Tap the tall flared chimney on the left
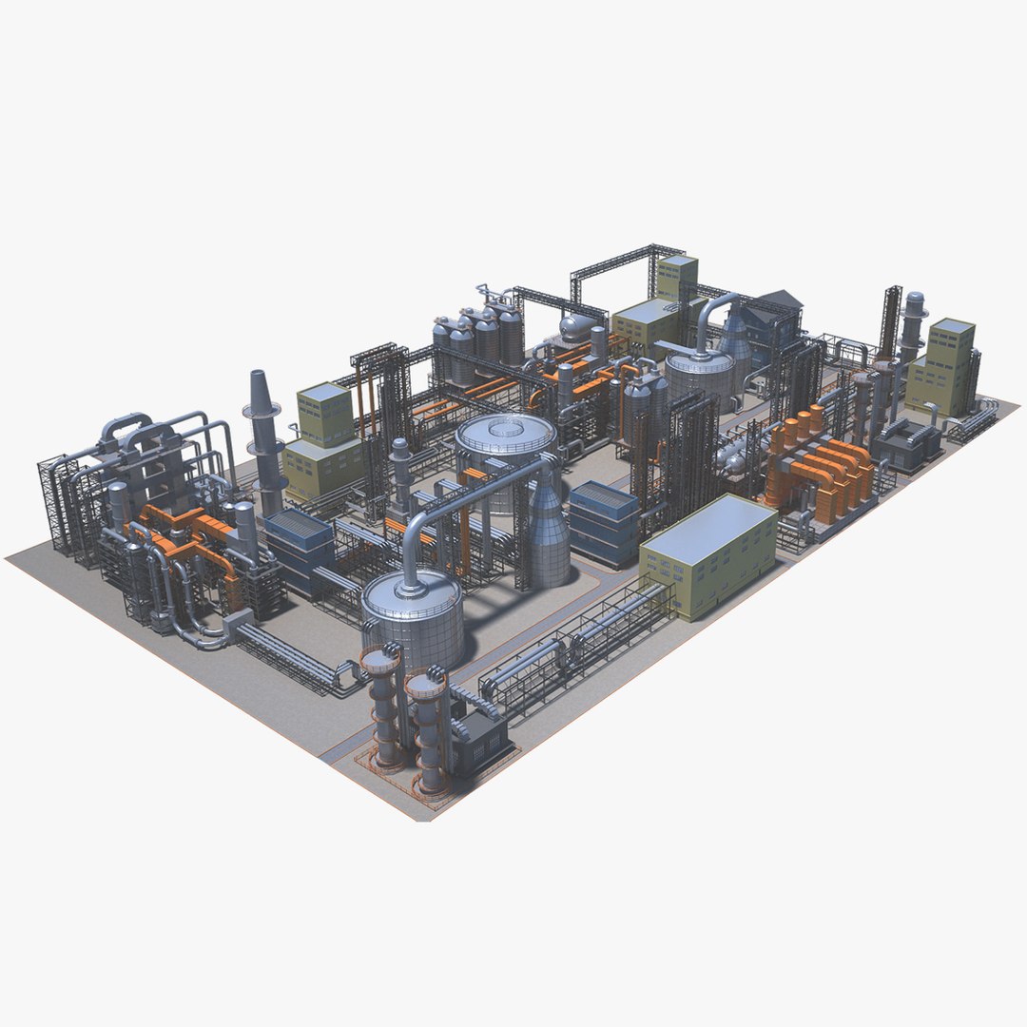coord(263,437)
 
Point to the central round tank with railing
coord(505,442)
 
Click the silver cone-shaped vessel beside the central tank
coord(549,533)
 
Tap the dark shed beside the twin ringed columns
coord(480,737)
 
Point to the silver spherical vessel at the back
coord(574,329)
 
